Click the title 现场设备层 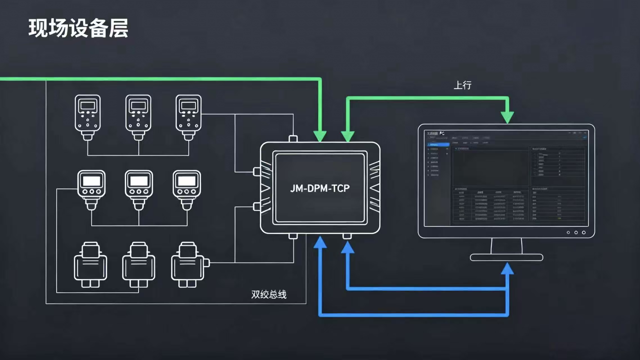[78, 28]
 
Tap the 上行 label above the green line [463, 85]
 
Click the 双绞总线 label [269, 294]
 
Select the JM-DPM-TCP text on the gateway [320, 188]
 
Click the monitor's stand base [506, 257]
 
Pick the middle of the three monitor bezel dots [576, 233]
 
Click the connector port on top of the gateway [293, 139]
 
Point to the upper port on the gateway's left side [257, 172]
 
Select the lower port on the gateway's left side [257, 207]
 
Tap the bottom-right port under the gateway [347, 236]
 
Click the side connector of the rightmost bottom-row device [206, 263]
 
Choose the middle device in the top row [138, 117]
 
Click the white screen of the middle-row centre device [139, 181]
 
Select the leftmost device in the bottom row [90, 264]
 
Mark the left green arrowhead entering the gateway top [320, 136]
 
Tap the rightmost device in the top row [188, 117]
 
